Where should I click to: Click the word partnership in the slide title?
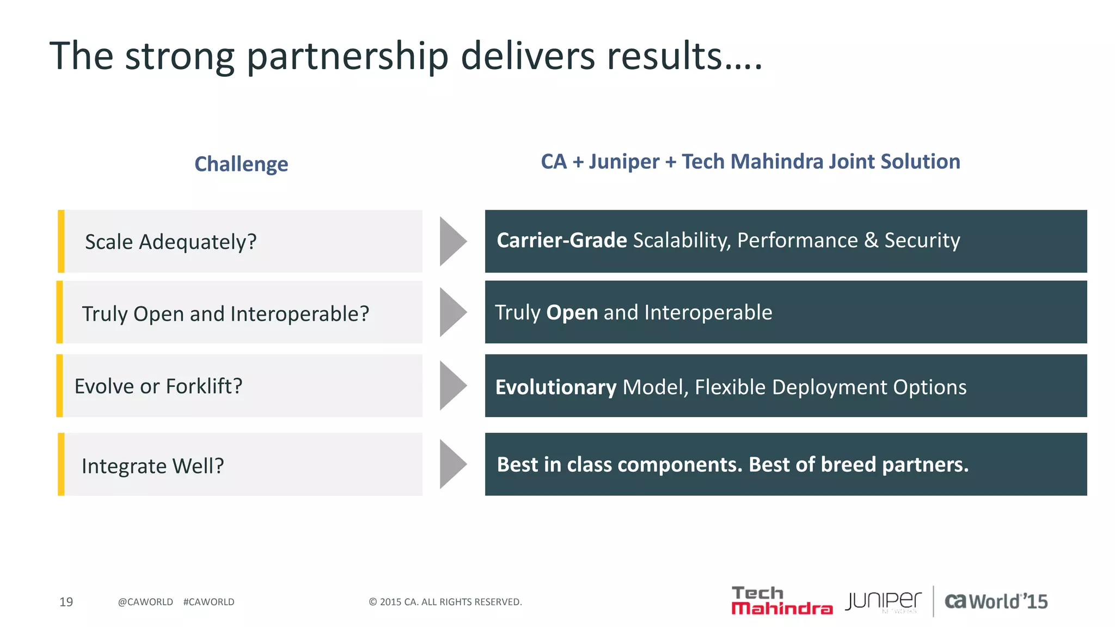[347, 57]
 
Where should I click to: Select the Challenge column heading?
[241, 164]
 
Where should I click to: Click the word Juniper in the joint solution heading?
[624, 162]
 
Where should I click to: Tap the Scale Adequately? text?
[170, 242]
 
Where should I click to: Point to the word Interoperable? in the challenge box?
[299, 313]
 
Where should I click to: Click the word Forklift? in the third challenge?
[204, 386]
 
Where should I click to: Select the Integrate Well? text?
[152, 466]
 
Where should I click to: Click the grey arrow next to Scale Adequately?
[452, 242]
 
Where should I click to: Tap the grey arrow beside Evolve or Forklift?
[452, 386]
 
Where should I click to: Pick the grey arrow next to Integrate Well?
[452, 464]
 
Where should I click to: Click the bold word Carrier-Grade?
[561, 241]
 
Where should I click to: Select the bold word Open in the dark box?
[572, 312]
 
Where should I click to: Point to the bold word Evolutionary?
[555, 387]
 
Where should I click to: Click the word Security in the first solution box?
[922, 241]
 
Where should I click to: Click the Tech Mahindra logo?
[781, 601]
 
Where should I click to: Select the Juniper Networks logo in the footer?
[883, 601]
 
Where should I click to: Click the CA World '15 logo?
[996, 601]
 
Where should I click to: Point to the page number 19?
[66, 602]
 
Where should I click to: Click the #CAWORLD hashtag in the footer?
[209, 602]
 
